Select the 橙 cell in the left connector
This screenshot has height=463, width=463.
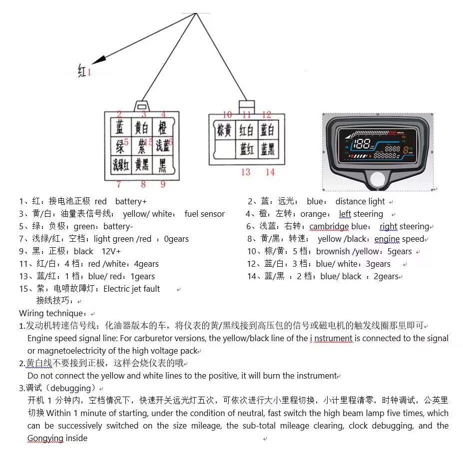162,127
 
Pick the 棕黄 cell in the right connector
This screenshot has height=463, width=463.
224,130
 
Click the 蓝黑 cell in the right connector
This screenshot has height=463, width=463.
267,149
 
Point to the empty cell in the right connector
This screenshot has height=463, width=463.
224,149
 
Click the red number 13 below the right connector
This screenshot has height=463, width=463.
245,172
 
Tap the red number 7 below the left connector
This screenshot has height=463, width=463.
119,184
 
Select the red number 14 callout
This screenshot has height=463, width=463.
270,172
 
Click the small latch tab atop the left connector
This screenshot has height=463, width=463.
142,106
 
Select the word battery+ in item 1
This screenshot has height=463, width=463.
131,202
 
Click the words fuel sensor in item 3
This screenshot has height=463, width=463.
205,214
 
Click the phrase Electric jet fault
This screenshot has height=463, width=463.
132,289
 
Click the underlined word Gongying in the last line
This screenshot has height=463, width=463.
45,439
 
